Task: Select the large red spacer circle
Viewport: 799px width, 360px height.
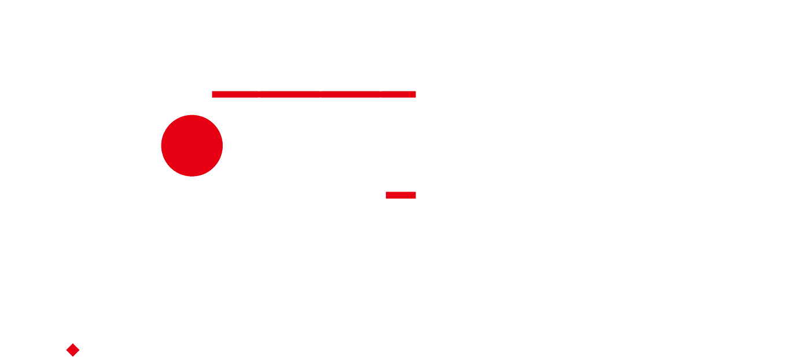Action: (x=192, y=145)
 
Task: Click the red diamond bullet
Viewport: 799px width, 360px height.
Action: (x=73, y=350)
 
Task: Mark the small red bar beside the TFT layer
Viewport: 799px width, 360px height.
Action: (x=400, y=195)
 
